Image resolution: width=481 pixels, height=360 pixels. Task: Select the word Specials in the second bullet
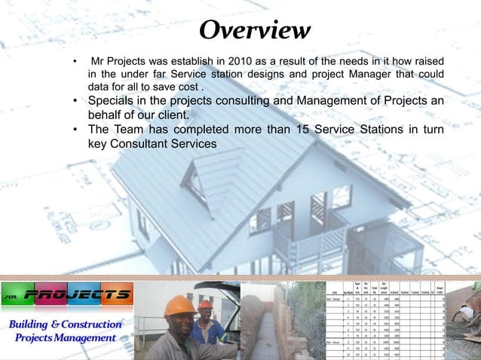tap(112, 102)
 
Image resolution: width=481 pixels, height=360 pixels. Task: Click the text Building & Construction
tap(66, 325)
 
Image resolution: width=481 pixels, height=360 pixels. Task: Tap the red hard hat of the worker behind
tap(205, 305)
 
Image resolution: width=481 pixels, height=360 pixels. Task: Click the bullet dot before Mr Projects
tap(74, 61)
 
